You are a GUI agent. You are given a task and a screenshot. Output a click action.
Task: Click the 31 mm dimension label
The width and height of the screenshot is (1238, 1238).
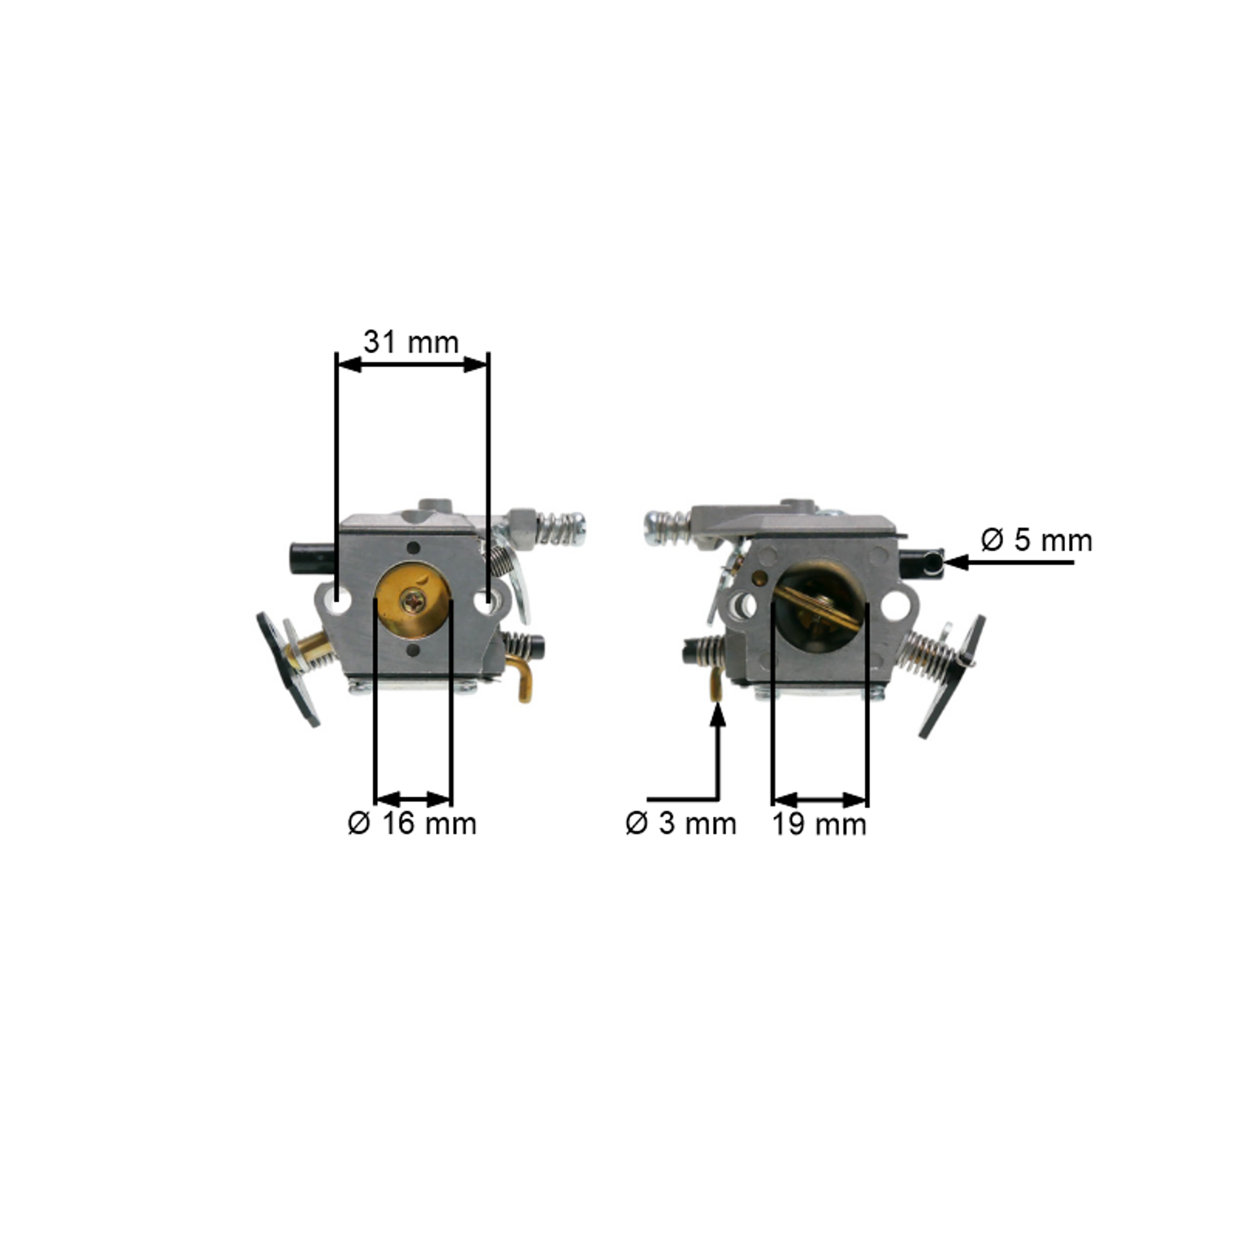[x=411, y=342]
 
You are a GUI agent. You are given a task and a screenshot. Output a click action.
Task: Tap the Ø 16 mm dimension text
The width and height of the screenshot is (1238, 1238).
[x=412, y=823]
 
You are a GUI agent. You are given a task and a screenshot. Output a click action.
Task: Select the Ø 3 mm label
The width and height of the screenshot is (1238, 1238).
[x=681, y=823]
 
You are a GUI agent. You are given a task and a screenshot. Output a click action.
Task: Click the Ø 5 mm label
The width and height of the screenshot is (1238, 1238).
[x=1036, y=540]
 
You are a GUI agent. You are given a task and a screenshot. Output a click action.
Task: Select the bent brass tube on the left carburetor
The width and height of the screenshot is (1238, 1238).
[x=520, y=678]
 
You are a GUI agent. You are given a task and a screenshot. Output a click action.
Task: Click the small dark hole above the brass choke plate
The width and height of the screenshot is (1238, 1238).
[x=413, y=548]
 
